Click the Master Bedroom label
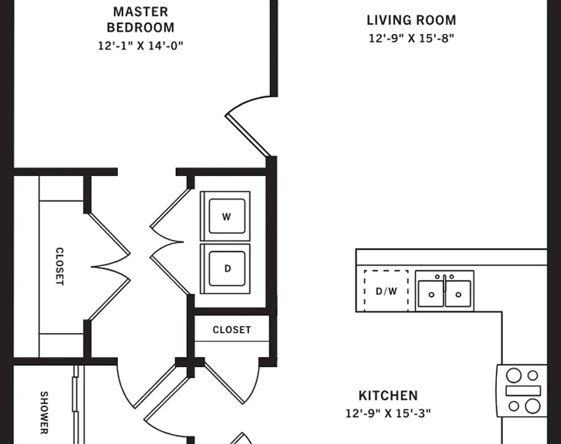[140, 19]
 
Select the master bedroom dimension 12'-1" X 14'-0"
[140, 45]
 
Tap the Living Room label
[411, 20]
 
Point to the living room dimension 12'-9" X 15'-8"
[411, 38]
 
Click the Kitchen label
[388, 395]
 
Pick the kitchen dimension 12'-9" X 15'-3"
[388, 413]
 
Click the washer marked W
[225, 217]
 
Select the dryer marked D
[225, 268]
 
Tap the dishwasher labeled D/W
[386, 291]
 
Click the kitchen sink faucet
[444, 283]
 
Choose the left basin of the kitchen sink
[431, 294]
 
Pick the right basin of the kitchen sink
[458, 294]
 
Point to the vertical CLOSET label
[59, 267]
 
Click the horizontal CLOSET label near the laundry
[231, 330]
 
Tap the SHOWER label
[44, 413]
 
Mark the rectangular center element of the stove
[523, 391]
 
